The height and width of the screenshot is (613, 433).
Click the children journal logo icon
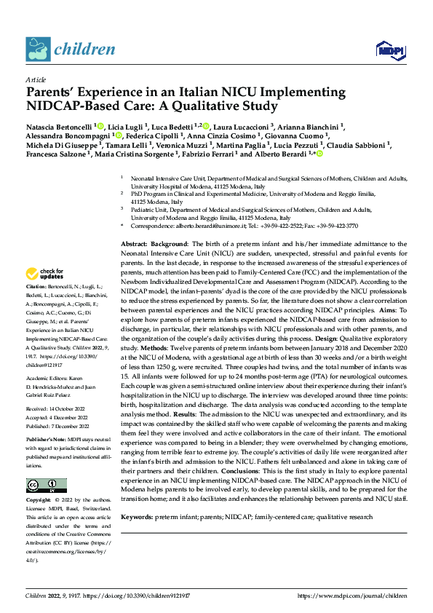(39, 48)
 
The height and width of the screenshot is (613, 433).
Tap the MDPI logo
(387, 50)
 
